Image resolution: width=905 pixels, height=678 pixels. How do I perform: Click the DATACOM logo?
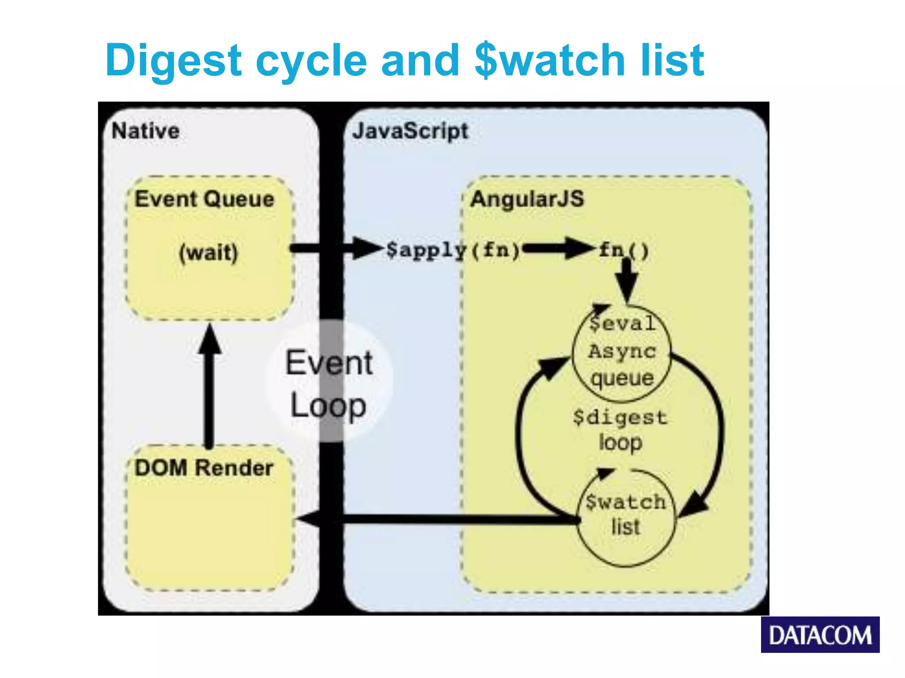point(820,635)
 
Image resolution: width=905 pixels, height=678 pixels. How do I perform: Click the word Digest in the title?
point(173,60)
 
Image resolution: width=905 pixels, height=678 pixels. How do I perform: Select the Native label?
point(145,131)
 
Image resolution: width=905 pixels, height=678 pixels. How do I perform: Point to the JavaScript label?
point(410,131)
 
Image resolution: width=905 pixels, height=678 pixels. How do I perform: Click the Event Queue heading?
point(204,199)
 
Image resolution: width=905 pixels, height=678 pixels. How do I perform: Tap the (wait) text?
point(208,253)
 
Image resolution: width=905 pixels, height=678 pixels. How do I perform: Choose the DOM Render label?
point(204,468)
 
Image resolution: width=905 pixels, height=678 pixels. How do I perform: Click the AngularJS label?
point(527,199)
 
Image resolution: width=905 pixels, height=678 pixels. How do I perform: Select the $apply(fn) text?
point(452,250)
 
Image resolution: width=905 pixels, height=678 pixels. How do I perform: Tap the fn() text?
point(624,250)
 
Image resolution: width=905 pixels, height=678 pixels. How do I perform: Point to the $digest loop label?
point(620,429)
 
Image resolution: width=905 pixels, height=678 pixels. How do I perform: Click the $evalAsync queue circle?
point(622,353)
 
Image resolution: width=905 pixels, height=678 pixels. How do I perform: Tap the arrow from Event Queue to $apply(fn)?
point(336,249)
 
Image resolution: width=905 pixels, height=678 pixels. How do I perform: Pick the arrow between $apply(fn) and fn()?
point(558,249)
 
